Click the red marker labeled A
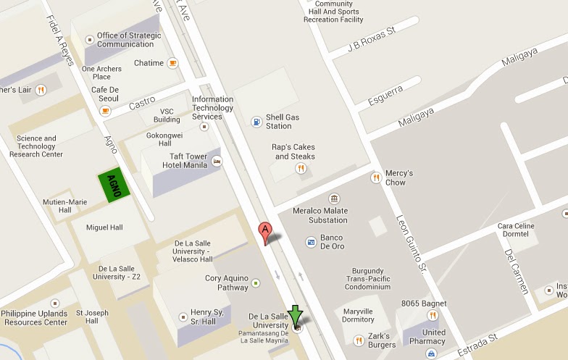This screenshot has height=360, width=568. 266,233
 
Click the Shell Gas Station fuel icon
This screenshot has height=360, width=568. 256,122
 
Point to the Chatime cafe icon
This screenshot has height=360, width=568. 172,64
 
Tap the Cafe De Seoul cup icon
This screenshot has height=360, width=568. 105,111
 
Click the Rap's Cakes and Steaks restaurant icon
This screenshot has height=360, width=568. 301,168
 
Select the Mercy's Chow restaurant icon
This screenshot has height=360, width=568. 375,177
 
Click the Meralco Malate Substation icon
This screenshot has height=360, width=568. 333,198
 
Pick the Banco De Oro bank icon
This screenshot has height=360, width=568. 311,241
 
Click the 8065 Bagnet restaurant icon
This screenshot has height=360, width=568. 433,315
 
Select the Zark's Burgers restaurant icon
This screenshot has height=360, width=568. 358,340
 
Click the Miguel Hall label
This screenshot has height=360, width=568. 104,227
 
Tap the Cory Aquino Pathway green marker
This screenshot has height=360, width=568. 255,283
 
